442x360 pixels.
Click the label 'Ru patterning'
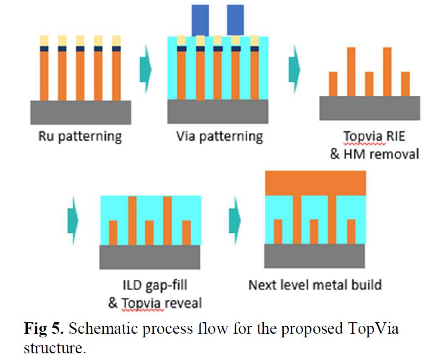pos(80,136)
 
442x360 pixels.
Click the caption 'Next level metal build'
pos(315,284)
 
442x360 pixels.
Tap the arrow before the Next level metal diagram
pos(235,219)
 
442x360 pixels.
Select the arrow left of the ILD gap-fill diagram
pos(72,219)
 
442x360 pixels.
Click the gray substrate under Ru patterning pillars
pos(80,112)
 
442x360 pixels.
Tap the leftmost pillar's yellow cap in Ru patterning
pos(44,41)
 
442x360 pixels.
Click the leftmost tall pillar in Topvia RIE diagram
pos(351,71)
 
